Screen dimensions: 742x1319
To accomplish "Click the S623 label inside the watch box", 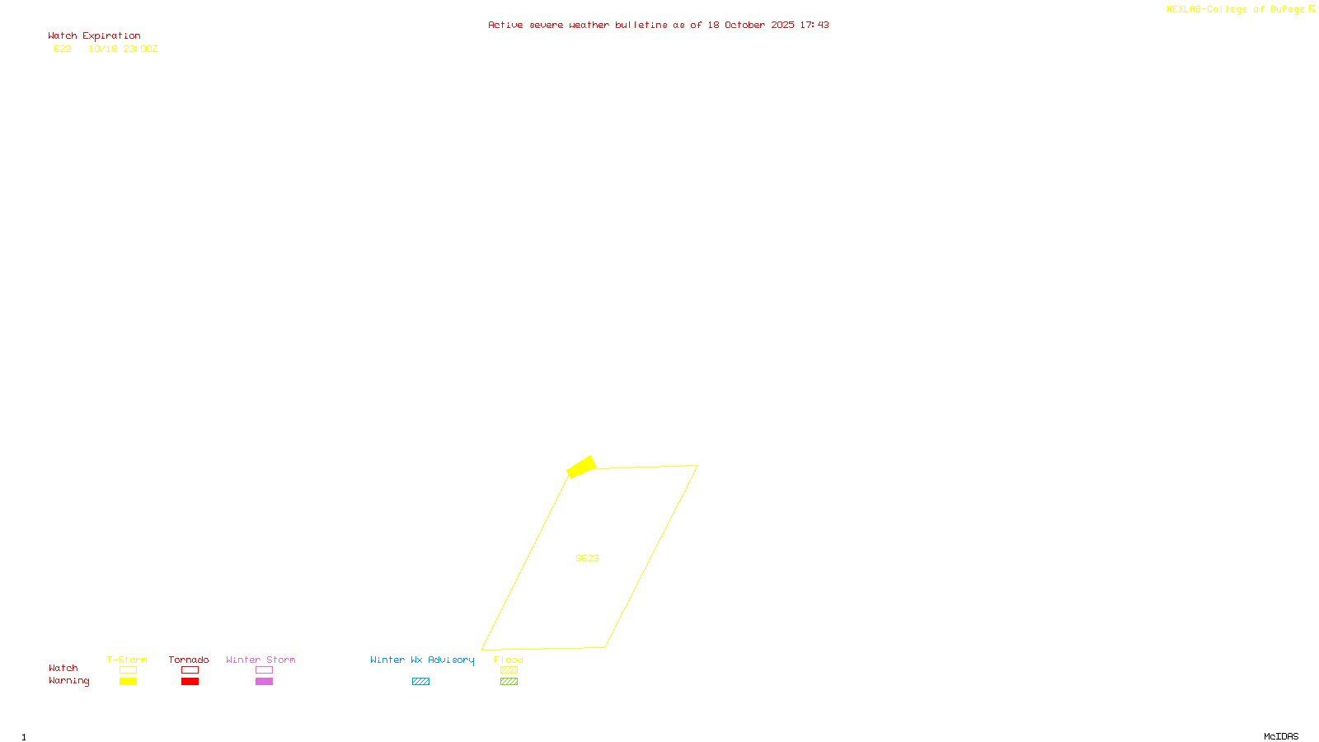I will click(x=587, y=558).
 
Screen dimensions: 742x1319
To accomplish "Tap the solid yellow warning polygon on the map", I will click(x=581, y=467).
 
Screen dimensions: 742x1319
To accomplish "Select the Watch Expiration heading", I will click(x=94, y=36).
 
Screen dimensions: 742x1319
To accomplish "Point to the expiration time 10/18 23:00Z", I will click(x=123, y=49).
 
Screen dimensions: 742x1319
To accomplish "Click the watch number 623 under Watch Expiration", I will click(x=63, y=49).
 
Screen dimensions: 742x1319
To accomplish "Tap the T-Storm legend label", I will click(x=127, y=660).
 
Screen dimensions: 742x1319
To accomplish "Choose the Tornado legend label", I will click(x=189, y=660).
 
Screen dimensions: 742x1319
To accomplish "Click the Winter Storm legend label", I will click(x=261, y=660).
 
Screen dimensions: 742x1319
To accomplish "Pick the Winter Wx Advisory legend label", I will click(x=422, y=660).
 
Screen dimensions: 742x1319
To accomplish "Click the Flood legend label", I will click(x=509, y=660).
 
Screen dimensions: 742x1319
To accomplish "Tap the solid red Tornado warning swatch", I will click(x=190, y=682).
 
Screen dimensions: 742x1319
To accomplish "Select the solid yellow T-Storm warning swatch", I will click(x=128, y=682).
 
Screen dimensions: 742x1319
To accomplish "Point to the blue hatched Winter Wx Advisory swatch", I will click(x=420, y=682).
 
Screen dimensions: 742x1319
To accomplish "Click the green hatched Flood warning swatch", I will click(x=509, y=682).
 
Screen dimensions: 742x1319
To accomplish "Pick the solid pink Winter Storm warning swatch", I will click(x=264, y=682).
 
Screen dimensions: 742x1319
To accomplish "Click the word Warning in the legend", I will click(x=68, y=681).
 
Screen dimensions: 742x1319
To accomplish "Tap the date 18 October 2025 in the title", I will click(x=750, y=26).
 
